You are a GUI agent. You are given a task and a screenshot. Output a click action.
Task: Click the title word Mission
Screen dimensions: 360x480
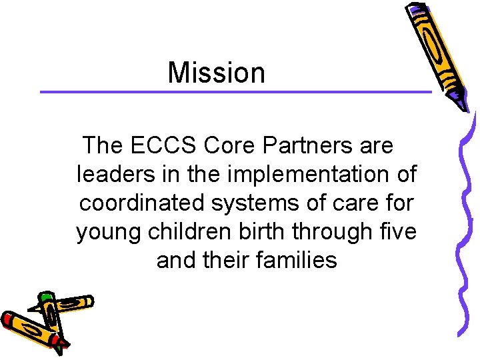216,73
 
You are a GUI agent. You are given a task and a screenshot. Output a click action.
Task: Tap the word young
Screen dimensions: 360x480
108,233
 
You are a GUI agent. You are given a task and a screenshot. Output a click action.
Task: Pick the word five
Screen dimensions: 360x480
399,231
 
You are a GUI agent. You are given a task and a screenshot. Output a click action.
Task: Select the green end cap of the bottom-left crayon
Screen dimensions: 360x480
46,296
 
